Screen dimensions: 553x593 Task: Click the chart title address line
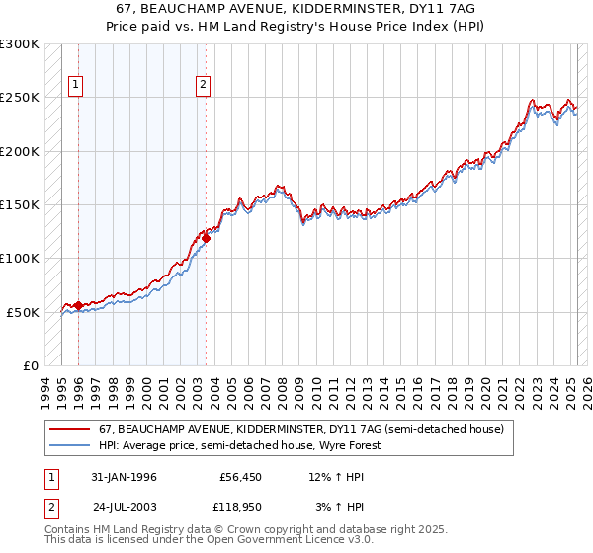[x=296, y=8]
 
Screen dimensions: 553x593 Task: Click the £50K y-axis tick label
[x=24, y=312]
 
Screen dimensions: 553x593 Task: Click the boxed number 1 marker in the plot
[x=76, y=86]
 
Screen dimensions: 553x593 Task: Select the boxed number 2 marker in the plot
[x=203, y=86]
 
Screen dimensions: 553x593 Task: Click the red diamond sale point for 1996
[x=78, y=305]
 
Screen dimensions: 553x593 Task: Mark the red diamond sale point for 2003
[x=206, y=238]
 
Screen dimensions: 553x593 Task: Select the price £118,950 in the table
[x=237, y=506]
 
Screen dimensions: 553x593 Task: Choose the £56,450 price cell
[x=240, y=477]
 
